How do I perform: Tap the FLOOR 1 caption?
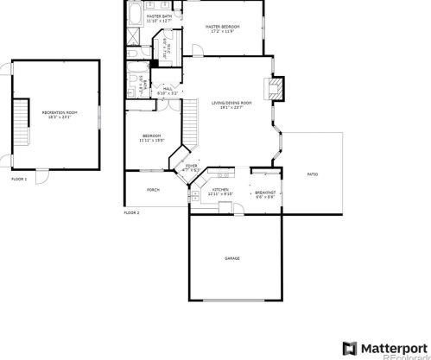tap(19, 179)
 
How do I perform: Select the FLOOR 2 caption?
tap(131, 212)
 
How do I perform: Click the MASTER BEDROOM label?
tap(222, 27)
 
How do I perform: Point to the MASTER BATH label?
tap(158, 16)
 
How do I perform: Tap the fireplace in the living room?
tap(276, 86)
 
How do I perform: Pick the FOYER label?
tap(190, 167)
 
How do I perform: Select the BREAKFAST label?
tap(265, 192)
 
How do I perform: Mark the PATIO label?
tap(313, 175)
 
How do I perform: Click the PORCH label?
tap(153, 189)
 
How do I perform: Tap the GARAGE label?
tap(231, 258)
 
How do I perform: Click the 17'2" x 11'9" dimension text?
tap(222, 32)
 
